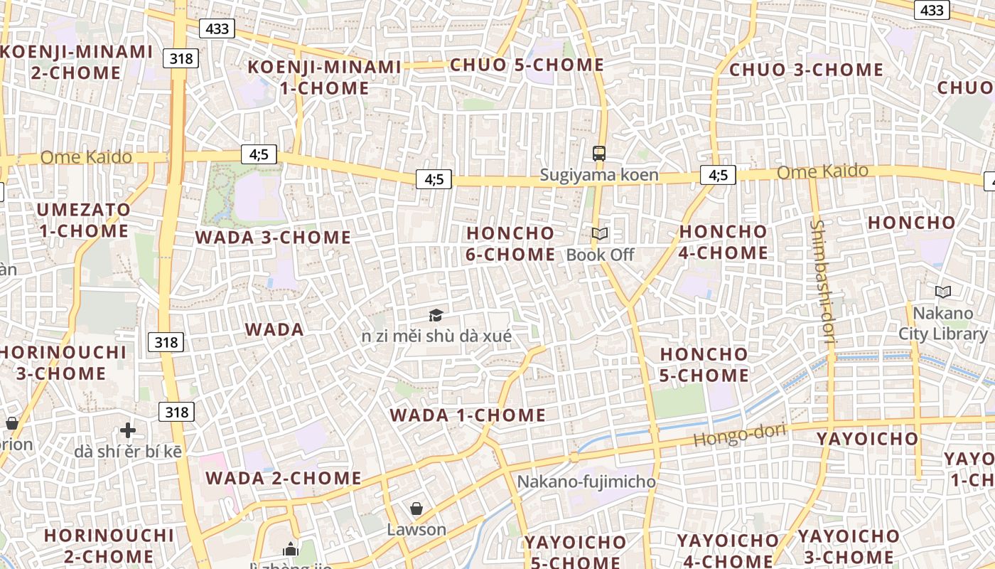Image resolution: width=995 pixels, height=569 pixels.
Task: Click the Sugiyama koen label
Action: [x=598, y=175]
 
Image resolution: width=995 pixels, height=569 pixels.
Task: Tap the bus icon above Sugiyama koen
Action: [x=599, y=153]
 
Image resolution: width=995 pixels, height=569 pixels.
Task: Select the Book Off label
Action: [x=600, y=255]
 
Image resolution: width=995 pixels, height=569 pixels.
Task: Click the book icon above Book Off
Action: [x=600, y=233]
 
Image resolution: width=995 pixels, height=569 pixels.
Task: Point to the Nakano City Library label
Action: [x=942, y=324]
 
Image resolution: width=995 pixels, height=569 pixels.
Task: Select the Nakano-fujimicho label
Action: [x=586, y=482]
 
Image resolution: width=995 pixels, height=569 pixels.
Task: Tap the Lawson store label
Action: [x=416, y=530]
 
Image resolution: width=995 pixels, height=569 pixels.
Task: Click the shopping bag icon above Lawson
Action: [x=416, y=509]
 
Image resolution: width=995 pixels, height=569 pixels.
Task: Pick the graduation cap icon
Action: [x=436, y=315]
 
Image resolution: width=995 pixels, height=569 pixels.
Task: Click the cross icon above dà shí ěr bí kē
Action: [x=128, y=430]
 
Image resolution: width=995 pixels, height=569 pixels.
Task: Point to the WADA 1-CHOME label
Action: [x=468, y=415]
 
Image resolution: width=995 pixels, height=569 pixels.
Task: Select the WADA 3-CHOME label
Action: [x=273, y=238]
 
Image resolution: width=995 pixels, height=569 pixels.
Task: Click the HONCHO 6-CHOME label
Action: [x=510, y=243]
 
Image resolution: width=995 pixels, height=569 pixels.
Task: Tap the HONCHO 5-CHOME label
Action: [x=704, y=364]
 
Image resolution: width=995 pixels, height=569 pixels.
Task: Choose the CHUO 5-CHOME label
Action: [x=527, y=65]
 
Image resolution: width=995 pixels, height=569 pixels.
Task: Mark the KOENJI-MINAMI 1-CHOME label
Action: [x=324, y=78]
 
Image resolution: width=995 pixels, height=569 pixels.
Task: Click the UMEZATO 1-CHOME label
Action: [x=84, y=220]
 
